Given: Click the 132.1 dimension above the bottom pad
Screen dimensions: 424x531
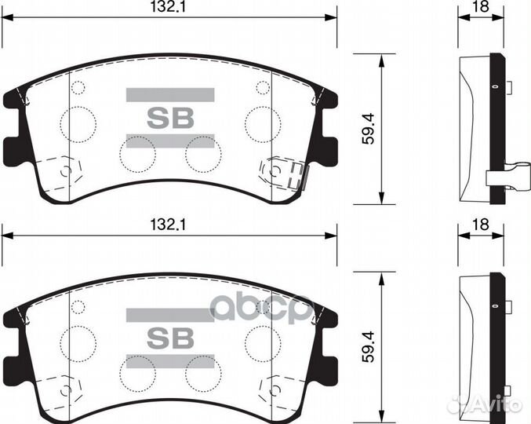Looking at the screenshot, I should (169, 225).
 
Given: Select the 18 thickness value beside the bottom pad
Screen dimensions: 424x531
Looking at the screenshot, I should (480, 225).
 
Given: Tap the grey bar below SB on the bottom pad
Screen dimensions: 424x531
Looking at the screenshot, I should (170, 360).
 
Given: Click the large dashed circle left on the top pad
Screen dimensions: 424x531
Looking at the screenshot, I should (78, 122).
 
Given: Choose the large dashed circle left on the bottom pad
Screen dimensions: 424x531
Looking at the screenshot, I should (78, 341).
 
